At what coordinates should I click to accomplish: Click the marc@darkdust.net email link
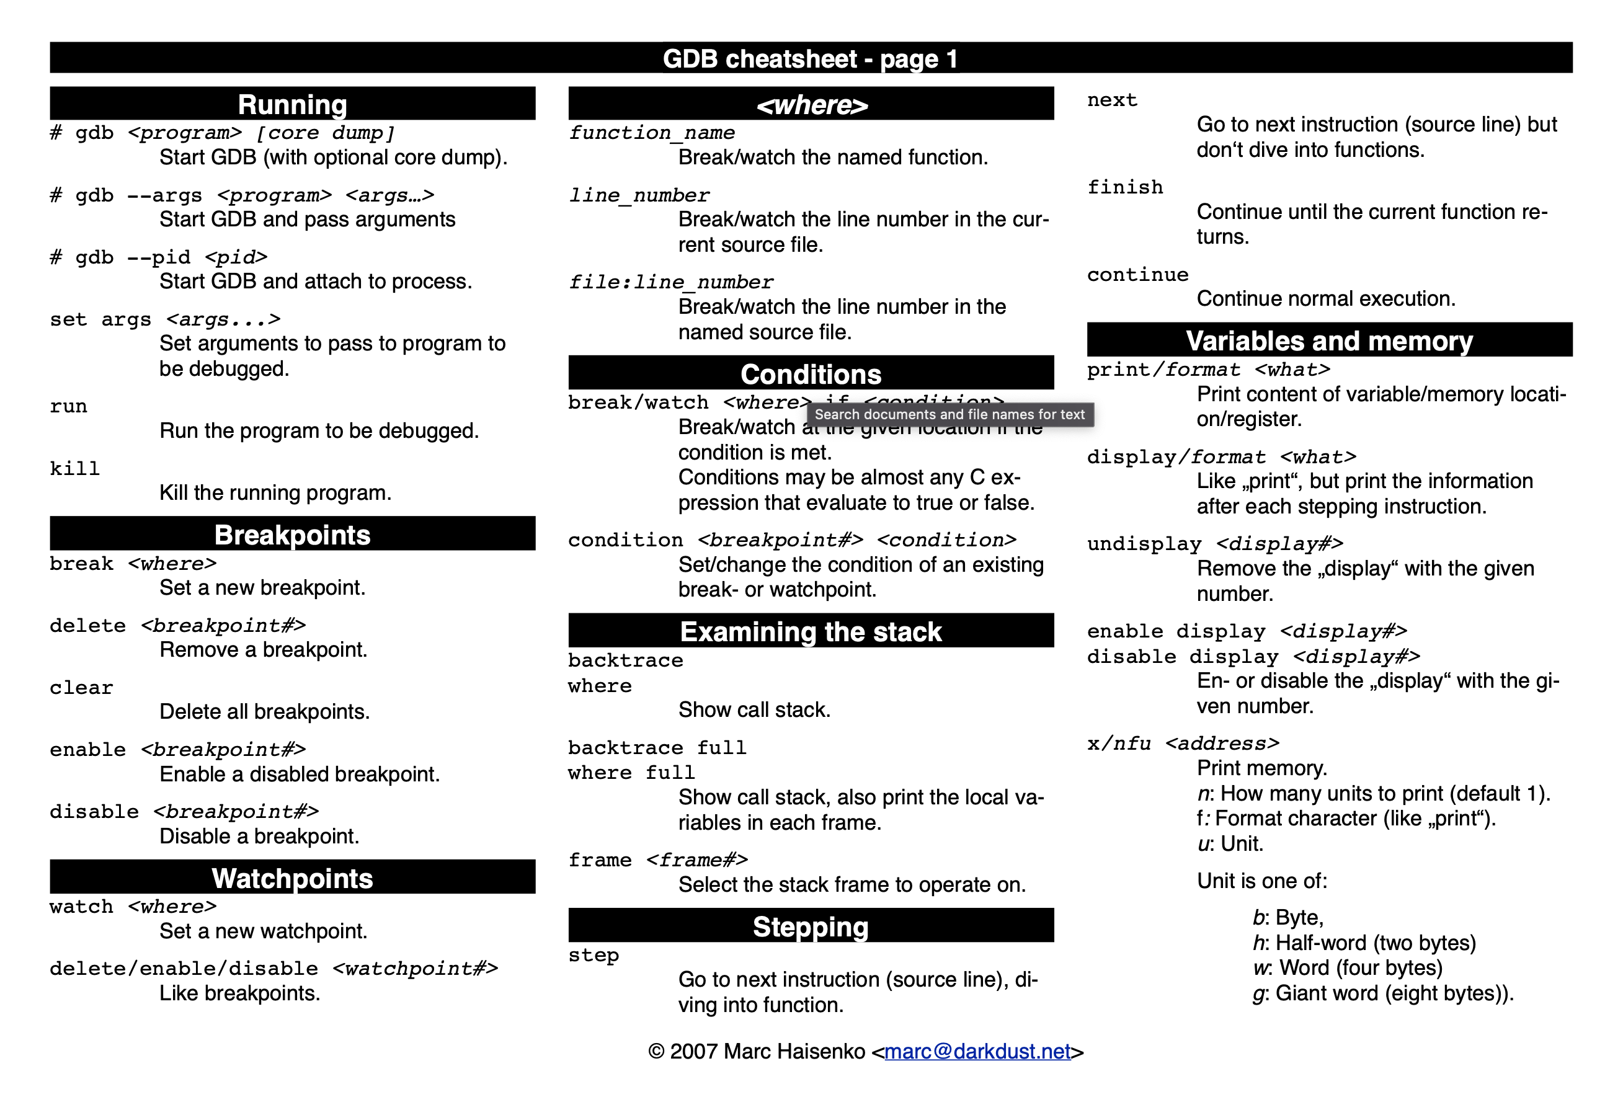(977, 1051)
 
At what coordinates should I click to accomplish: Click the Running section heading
(292, 104)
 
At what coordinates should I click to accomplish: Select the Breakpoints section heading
(292, 535)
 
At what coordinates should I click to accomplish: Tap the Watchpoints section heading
(292, 878)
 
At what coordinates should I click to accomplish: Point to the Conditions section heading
(811, 374)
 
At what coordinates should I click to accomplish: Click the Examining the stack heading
(811, 631)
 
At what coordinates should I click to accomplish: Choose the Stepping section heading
(811, 926)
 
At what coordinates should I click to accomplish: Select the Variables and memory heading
(1329, 340)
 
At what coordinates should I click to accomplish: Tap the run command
(68, 406)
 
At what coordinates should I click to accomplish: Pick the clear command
(81, 688)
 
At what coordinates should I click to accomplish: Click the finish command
(1125, 187)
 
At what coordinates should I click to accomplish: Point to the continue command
(1137, 275)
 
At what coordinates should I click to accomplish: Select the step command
(594, 955)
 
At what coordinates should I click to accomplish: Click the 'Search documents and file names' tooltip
(949, 414)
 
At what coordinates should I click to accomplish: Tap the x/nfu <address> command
(1183, 744)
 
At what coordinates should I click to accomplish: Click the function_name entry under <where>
(651, 133)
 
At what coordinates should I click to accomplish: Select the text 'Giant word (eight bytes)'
(1394, 993)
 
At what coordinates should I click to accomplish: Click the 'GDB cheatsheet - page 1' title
(810, 59)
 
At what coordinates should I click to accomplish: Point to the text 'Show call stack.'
(754, 710)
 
